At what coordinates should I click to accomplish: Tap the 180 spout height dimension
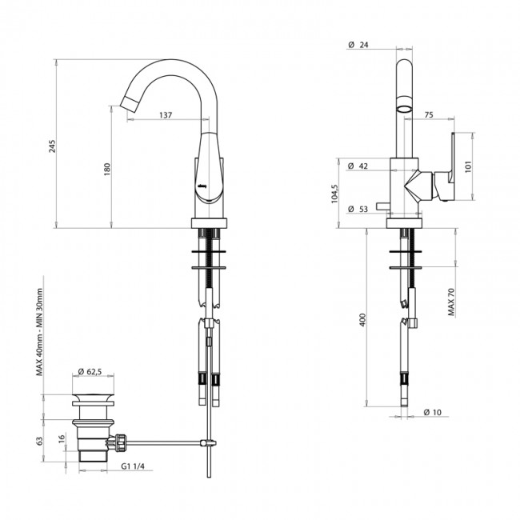point(106,170)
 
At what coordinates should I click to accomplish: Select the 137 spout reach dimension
point(166,116)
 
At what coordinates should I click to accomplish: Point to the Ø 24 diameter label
point(360,45)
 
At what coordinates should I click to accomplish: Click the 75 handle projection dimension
point(428,116)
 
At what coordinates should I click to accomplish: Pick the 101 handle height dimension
point(470,166)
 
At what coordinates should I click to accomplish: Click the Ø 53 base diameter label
point(359,210)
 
